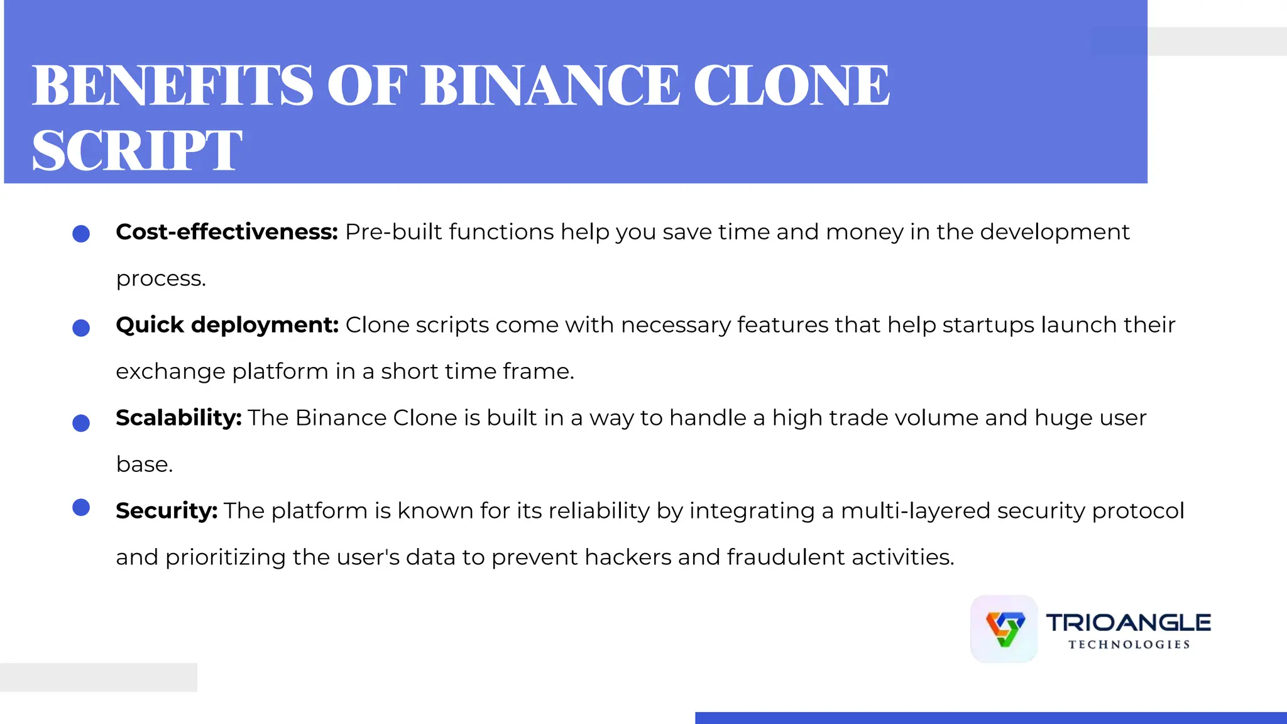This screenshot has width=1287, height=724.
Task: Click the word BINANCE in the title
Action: (x=550, y=85)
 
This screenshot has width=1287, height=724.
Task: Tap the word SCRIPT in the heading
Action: (x=137, y=151)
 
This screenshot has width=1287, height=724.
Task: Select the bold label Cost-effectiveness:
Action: (x=227, y=232)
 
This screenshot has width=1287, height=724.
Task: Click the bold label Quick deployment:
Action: (x=227, y=325)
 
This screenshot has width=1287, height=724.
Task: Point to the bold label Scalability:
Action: (x=178, y=418)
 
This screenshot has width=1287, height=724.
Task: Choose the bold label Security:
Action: (x=167, y=511)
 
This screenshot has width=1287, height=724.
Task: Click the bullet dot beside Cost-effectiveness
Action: (x=81, y=234)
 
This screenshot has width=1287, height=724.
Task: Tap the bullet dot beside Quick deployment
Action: (x=81, y=327)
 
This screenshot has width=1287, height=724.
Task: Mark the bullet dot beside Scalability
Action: (x=81, y=423)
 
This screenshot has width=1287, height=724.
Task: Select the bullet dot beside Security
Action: (x=81, y=507)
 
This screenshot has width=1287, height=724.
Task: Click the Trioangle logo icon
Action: (x=1004, y=628)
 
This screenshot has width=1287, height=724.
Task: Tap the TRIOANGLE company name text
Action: (x=1128, y=623)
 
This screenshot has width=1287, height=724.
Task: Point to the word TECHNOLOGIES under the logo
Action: (x=1129, y=645)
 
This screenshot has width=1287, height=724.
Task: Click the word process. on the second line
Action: (x=161, y=279)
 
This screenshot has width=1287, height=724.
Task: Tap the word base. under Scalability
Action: (x=144, y=464)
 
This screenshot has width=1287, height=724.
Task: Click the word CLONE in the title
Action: (x=791, y=85)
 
